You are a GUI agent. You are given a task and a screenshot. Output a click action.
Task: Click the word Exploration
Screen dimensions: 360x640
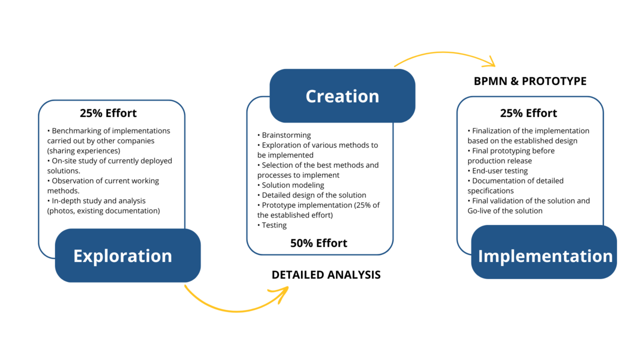tap(122, 256)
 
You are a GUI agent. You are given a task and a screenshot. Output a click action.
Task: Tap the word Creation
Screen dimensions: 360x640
tap(342, 96)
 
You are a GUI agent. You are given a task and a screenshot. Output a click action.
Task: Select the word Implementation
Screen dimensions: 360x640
tap(545, 256)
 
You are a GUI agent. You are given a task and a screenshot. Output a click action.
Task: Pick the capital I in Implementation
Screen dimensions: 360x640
tap(481, 256)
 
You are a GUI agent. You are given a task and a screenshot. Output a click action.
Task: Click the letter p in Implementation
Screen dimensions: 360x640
tap(504, 257)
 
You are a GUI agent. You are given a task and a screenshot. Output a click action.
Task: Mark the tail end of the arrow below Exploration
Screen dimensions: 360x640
tap(185, 285)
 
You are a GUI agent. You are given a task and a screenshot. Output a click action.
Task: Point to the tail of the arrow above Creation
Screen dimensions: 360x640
tap(395, 66)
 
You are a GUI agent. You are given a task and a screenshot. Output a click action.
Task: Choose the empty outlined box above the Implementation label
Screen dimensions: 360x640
tap(530, 160)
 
